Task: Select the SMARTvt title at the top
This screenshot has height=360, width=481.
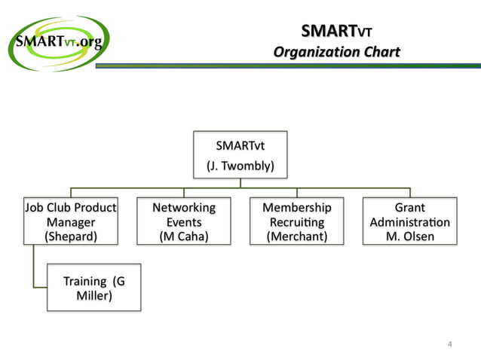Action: click(x=336, y=32)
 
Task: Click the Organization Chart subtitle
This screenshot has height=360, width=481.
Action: click(x=336, y=52)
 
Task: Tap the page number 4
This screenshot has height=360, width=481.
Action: click(x=450, y=344)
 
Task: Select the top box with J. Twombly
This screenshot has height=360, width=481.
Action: click(x=240, y=154)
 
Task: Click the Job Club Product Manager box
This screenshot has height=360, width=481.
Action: click(x=71, y=221)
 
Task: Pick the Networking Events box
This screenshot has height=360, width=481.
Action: click(x=184, y=221)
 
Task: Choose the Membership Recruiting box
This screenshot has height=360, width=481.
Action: click(x=296, y=221)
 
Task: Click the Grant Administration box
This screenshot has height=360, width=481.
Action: click(x=409, y=221)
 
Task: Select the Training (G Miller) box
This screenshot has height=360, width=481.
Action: click(x=94, y=288)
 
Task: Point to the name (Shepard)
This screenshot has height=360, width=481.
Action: click(x=71, y=236)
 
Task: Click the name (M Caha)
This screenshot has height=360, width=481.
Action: click(x=184, y=236)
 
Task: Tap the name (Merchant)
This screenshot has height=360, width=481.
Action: click(x=296, y=236)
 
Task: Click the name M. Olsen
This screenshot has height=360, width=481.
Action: click(x=409, y=236)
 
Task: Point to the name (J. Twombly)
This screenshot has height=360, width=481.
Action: click(x=240, y=165)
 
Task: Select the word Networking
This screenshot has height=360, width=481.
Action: click(x=184, y=207)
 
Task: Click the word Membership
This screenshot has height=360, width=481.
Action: click(x=296, y=207)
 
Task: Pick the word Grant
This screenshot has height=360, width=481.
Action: click(x=409, y=207)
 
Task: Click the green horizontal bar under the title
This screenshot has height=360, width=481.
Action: click(x=286, y=66)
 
